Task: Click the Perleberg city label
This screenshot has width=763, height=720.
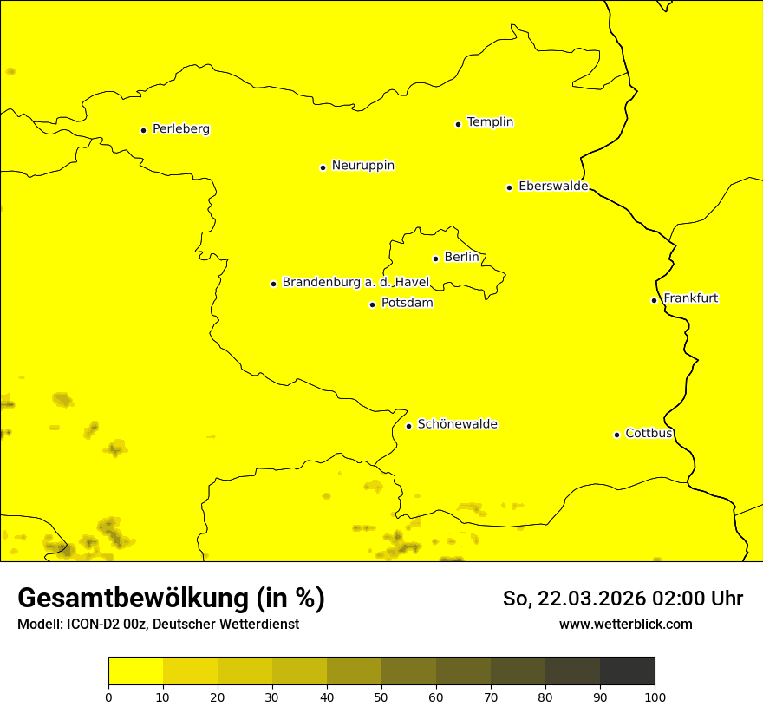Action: click(180, 129)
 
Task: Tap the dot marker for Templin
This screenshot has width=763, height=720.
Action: click(458, 124)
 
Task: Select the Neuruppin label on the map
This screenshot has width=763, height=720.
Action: click(362, 166)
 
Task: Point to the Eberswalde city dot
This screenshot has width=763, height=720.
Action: click(509, 187)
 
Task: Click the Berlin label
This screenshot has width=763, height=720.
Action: click(461, 258)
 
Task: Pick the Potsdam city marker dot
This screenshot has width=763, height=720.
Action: click(372, 304)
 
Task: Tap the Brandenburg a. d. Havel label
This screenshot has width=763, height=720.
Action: click(355, 283)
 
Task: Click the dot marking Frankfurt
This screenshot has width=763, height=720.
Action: click(654, 300)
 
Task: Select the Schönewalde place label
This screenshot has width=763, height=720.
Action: click(457, 425)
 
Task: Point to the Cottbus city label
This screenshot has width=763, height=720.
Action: click(649, 434)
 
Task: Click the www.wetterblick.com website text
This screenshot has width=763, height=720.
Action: click(625, 625)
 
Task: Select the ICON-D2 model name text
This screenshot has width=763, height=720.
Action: click(95, 625)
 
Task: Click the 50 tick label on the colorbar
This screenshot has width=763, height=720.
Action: click(381, 697)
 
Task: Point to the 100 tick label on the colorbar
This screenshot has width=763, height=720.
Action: click(655, 697)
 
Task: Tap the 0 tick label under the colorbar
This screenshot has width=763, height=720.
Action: click(108, 697)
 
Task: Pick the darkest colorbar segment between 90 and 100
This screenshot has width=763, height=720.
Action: click(627, 671)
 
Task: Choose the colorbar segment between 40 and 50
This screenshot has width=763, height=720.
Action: click(354, 671)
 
